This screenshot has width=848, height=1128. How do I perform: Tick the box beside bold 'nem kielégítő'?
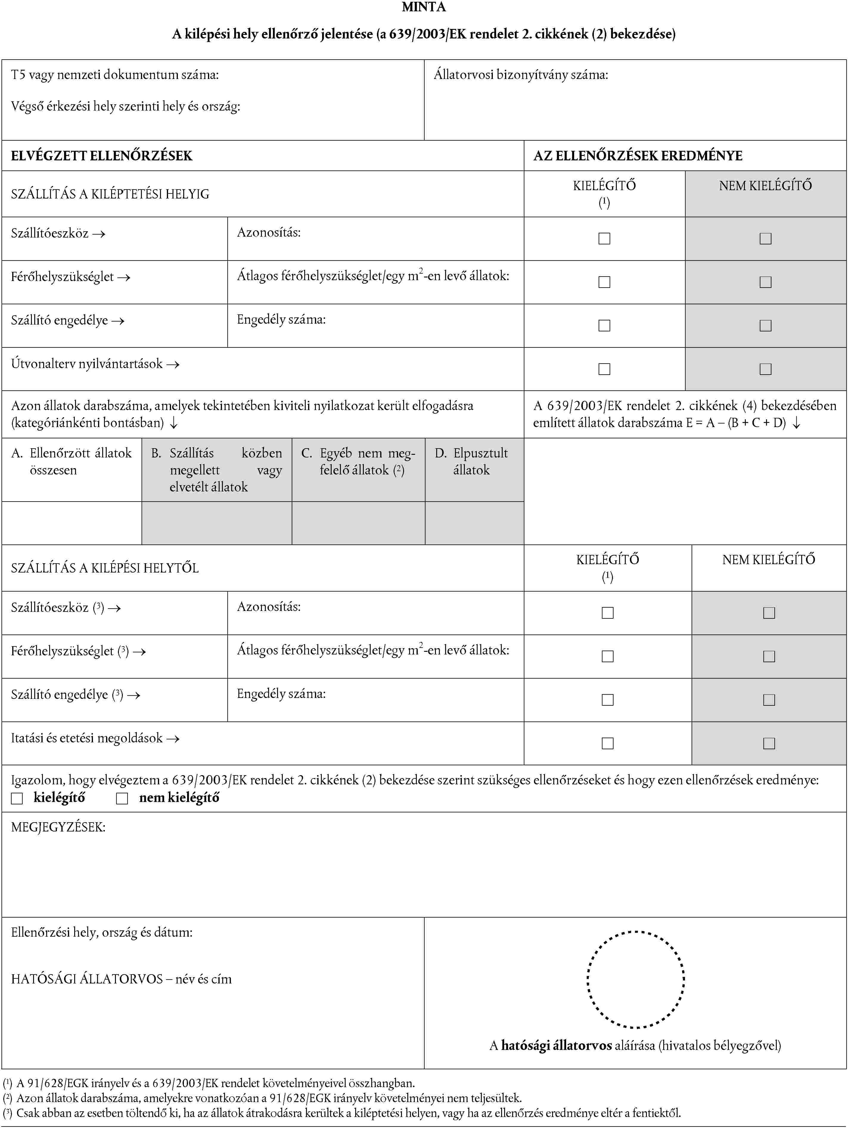point(122,798)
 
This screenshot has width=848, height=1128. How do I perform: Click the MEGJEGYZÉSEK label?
point(58,827)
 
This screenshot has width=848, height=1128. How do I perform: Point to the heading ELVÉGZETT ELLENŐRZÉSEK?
point(102,156)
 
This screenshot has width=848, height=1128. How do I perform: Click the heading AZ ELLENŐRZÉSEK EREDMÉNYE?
point(637,156)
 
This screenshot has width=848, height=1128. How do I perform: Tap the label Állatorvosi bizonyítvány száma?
point(521,75)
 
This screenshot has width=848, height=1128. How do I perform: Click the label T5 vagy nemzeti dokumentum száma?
point(115,75)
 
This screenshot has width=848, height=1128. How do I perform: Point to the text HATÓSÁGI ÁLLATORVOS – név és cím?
point(121,979)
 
